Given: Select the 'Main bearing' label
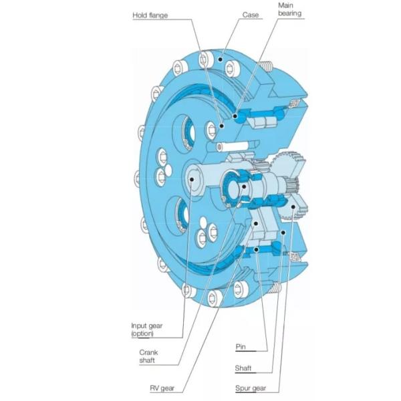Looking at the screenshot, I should [x=290, y=10].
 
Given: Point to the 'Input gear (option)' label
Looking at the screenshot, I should [x=146, y=329].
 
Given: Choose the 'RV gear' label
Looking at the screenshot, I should [x=161, y=387].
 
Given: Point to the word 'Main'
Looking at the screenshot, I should [x=287, y=5].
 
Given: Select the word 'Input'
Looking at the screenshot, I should [x=138, y=325].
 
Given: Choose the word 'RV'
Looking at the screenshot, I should [x=154, y=387].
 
